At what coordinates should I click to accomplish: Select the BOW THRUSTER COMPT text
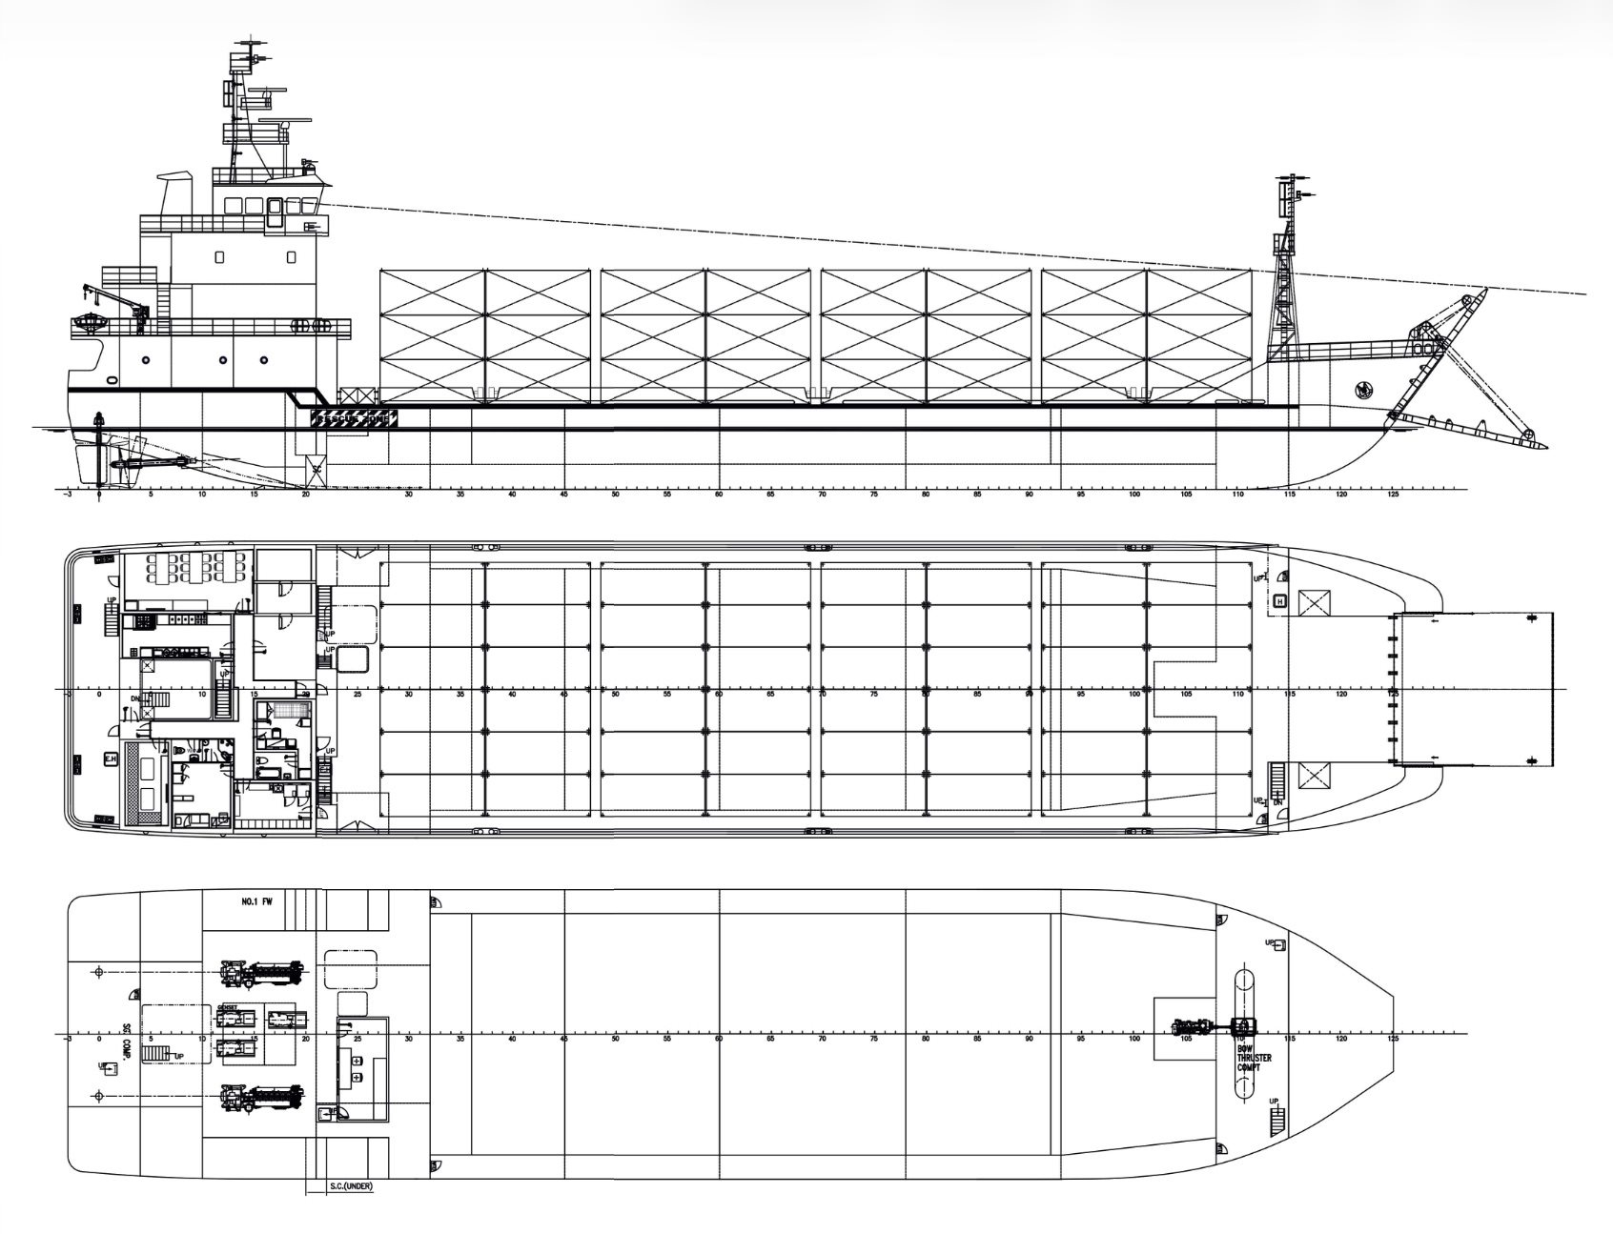[1249, 1058]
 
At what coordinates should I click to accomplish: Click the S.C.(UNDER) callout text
[343, 1187]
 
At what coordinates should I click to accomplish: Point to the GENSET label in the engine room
[227, 1006]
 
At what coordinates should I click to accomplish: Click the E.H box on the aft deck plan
[110, 759]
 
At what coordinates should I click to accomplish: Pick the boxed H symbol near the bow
[1280, 601]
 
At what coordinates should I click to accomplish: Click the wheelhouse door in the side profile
[275, 213]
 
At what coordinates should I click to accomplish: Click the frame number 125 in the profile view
[1394, 496]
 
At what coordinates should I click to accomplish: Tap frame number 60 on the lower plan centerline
[718, 1039]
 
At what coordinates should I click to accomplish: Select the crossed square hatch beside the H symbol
[1315, 601]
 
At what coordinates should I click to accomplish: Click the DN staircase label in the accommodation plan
[136, 698]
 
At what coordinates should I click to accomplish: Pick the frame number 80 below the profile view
[925, 496]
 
